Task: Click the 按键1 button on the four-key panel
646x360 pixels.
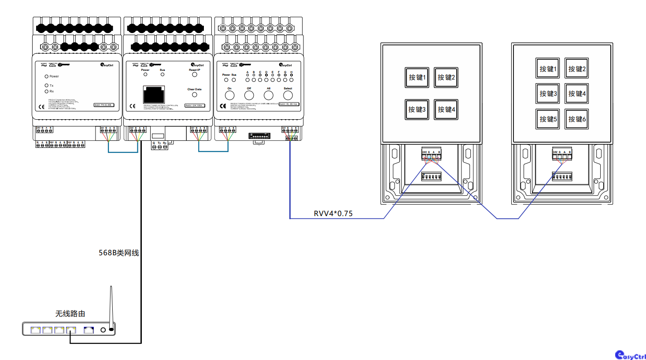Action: pos(417,77)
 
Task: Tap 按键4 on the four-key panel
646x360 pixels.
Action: pos(446,110)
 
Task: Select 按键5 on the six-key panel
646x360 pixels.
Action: pos(547,119)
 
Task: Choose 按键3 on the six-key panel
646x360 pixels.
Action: pos(547,94)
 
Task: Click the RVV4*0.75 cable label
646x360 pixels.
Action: pos(333,213)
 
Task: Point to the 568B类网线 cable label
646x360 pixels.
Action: pos(118,253)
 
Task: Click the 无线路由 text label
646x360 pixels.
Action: pos(70,313)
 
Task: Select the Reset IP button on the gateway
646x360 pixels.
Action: pos(194,74)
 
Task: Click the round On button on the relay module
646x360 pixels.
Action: pos(229,95)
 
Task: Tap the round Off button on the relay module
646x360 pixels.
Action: pos(249,95)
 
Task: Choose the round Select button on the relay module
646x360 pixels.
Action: pos(288,95)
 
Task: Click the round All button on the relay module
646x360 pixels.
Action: pos(269,95)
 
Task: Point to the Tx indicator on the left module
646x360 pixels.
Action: pos(46,85)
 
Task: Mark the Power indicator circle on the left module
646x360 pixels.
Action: pos(46,76)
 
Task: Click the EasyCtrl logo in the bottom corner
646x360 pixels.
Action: pos(630,355)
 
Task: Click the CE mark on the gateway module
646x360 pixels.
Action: pos(133,106)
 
